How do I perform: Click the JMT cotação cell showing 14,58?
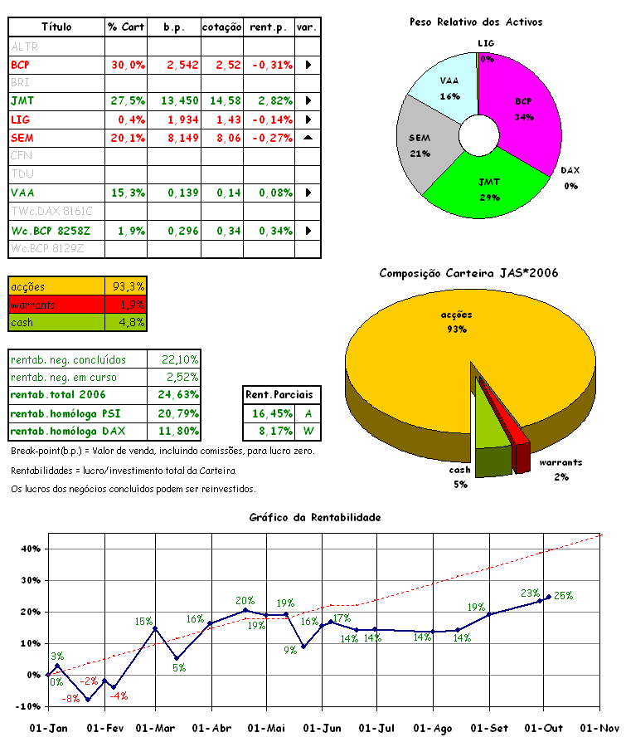(221, 100)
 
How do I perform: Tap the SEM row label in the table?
(23, 138)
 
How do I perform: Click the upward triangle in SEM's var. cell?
(308, 138)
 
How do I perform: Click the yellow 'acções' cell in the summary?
(56, 286)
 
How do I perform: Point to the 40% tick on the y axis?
(31, 549)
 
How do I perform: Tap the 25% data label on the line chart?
(564, 595)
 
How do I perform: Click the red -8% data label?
(71, 699)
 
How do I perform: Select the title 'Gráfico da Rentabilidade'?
(315, 517)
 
